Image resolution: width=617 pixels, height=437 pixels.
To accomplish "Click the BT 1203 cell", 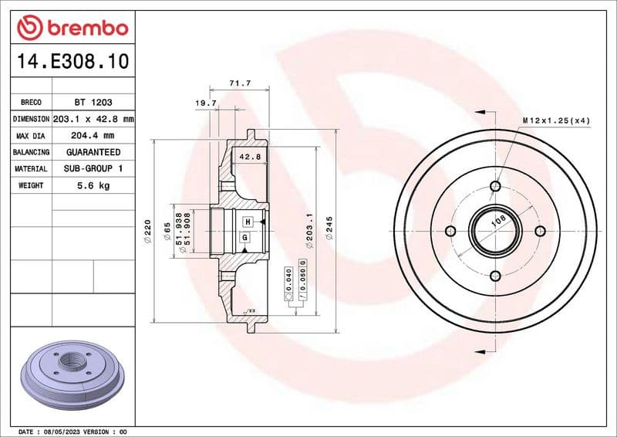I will coord(93,102).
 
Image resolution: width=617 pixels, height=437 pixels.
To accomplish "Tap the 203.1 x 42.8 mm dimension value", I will coord(93,119).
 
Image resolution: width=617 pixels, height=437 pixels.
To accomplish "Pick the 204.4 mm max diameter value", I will coord(93,136).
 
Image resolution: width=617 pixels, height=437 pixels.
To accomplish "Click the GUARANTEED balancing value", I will coord(93,152).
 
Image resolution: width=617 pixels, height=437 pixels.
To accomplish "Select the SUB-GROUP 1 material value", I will coord(93,168).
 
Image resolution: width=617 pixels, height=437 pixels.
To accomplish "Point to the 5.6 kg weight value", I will coord(93,185).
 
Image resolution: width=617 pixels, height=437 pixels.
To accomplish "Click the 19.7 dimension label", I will coord(204,103).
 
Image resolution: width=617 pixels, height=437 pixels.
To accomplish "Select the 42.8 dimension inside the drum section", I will coord(250,157).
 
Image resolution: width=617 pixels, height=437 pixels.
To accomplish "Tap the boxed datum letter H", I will coord(247,222).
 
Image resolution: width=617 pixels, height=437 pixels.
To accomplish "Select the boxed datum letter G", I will coord(244,238).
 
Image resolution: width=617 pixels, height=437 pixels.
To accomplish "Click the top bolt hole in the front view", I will coord(495,186).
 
